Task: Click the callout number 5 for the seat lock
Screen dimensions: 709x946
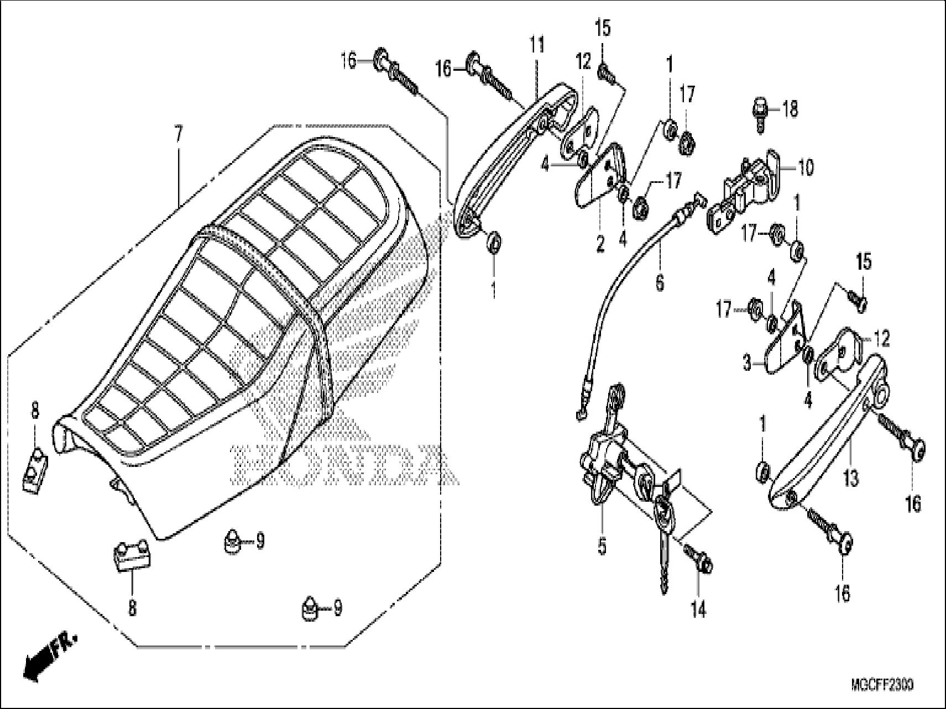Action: (602, 546)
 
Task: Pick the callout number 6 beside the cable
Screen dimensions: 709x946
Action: (659, 282)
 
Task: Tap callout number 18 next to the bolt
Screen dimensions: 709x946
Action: (790, 109)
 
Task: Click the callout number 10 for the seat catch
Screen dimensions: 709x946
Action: (806, 167)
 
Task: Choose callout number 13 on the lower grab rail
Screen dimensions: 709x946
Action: (851, 477)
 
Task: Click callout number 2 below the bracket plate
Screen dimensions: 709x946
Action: (601, 244)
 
